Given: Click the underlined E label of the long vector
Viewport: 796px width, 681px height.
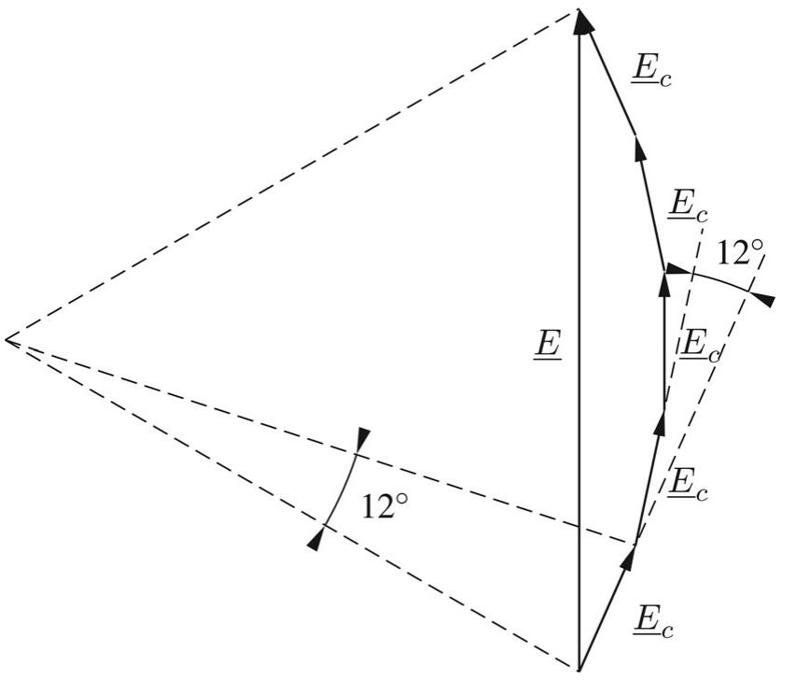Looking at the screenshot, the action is click(x=546, y=345).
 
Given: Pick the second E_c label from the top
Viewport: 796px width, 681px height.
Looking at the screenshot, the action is click(x=687, y=206).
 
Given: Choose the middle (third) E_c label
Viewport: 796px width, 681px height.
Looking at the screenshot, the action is click(x=700, y=345).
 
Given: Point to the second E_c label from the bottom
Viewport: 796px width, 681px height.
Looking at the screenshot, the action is click(x=687, y=484).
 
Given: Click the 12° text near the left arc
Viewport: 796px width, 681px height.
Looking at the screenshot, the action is click(x=384, y=507).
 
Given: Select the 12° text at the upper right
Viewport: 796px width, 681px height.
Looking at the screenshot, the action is click(x=741, y=253).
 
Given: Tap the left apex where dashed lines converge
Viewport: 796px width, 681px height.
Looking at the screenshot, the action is click(x=7, y=339).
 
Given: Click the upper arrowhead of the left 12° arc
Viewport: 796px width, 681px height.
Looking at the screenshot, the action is click(x=363, y=436).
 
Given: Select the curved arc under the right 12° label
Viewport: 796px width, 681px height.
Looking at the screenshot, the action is click(x=714, y=279).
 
